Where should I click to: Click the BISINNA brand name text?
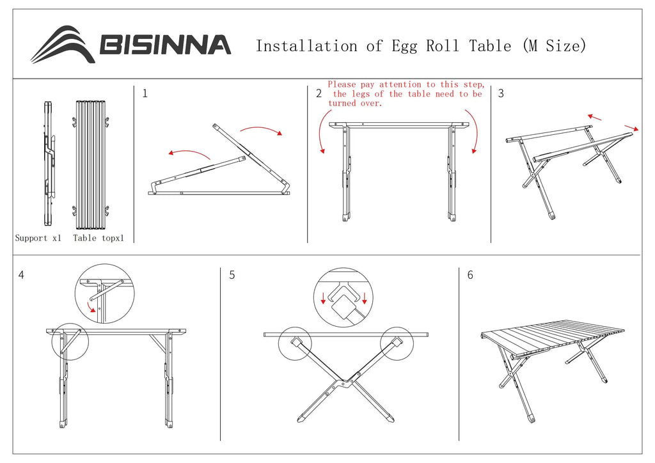click(x=164, y=45)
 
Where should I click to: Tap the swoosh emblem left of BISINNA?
click(x=63, y=45)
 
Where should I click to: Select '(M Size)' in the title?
click(x=554, y=46)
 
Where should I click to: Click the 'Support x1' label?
click(x=38, y=238)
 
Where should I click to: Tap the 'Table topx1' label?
click(x=99, y=238)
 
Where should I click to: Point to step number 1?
click(x=145, y=93)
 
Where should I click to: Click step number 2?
click(x=319, y=94)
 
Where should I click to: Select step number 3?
click(x=501, y=93)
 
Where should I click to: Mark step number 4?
click(x=22, y=275)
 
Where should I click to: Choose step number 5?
click(x=232, y=275)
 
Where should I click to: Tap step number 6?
click(x=470, y=275)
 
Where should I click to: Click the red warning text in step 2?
click(x=405, y=93)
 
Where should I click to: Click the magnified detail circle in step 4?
click(x=104, y=294)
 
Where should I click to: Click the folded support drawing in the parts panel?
click(x=49, y=164)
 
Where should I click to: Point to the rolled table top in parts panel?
click(x=89, y=164)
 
